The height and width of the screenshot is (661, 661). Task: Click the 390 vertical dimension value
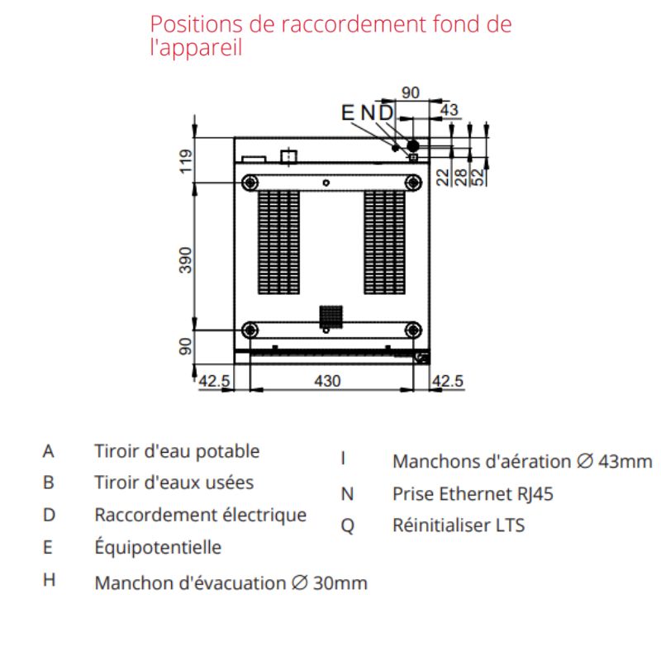pyautogui.click(x=186, y=259)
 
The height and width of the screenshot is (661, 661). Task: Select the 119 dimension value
pyautogui.click(x=186, y=159)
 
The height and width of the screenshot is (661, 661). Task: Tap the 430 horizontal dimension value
pyautogui.click(x=327, y=381)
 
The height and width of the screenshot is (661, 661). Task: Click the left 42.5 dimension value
pyautogui.click(x=214, y=381)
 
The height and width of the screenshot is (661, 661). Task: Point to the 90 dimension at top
pyautogui.click(x=411, y=92)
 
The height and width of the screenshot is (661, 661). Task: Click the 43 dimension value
pyautogui.click(x=449, y=109)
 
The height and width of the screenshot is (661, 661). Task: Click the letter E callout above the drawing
pyautogui.click(x=347, y=113)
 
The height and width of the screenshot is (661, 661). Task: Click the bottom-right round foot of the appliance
pyautogui.click(x=412, y=330)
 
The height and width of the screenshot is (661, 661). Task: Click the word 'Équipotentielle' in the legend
pyautogui.click(x=158, y=547)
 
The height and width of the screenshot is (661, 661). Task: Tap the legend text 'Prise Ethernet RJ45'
pyautogui.click(x=473, y=494)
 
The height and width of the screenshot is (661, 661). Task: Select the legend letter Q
pyautogui.click(x=347, y=526)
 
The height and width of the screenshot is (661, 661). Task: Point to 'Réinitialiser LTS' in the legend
pyautogui.click(x=459, y=525)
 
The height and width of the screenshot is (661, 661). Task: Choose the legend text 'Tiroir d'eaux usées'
pyautogui.click(x=174, y=483)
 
